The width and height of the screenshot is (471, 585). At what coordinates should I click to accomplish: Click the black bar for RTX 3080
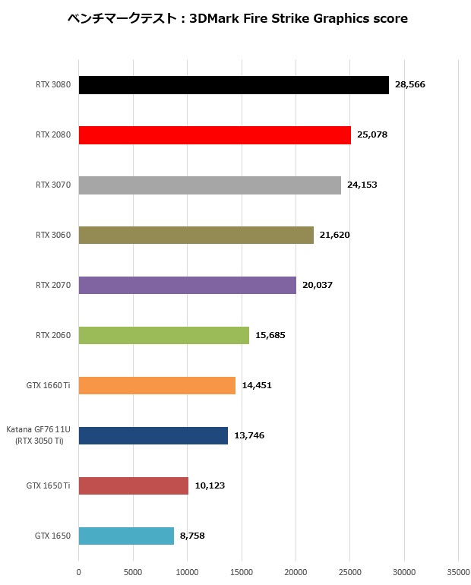click(233, 84)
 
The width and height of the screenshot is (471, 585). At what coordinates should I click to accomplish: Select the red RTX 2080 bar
click(214, 134)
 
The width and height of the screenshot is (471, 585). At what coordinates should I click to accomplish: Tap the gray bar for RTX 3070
click(210, 185)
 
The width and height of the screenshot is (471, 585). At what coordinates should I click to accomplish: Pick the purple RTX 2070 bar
click(187, 285)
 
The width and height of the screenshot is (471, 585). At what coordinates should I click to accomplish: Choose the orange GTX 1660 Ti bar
click(156, 385)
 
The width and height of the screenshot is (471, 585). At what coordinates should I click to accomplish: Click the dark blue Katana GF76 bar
click(153, 435)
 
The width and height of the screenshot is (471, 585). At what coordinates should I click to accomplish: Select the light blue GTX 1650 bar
click(126, 536)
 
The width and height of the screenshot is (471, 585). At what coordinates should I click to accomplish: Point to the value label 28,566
click(409, 84)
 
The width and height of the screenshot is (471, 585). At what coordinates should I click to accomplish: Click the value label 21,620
click(335, 235)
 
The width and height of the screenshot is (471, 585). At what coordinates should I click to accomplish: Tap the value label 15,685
click(270, 335)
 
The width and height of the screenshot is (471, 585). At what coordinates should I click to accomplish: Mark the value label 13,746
click(249, 435)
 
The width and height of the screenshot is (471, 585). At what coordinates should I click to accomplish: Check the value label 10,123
click(210, 485)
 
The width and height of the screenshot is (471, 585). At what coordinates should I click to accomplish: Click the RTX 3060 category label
click(53, 235)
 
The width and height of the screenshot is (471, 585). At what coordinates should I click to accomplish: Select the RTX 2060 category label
click(53, 335)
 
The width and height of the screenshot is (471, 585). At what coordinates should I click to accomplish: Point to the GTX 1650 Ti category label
click(48, 485)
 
